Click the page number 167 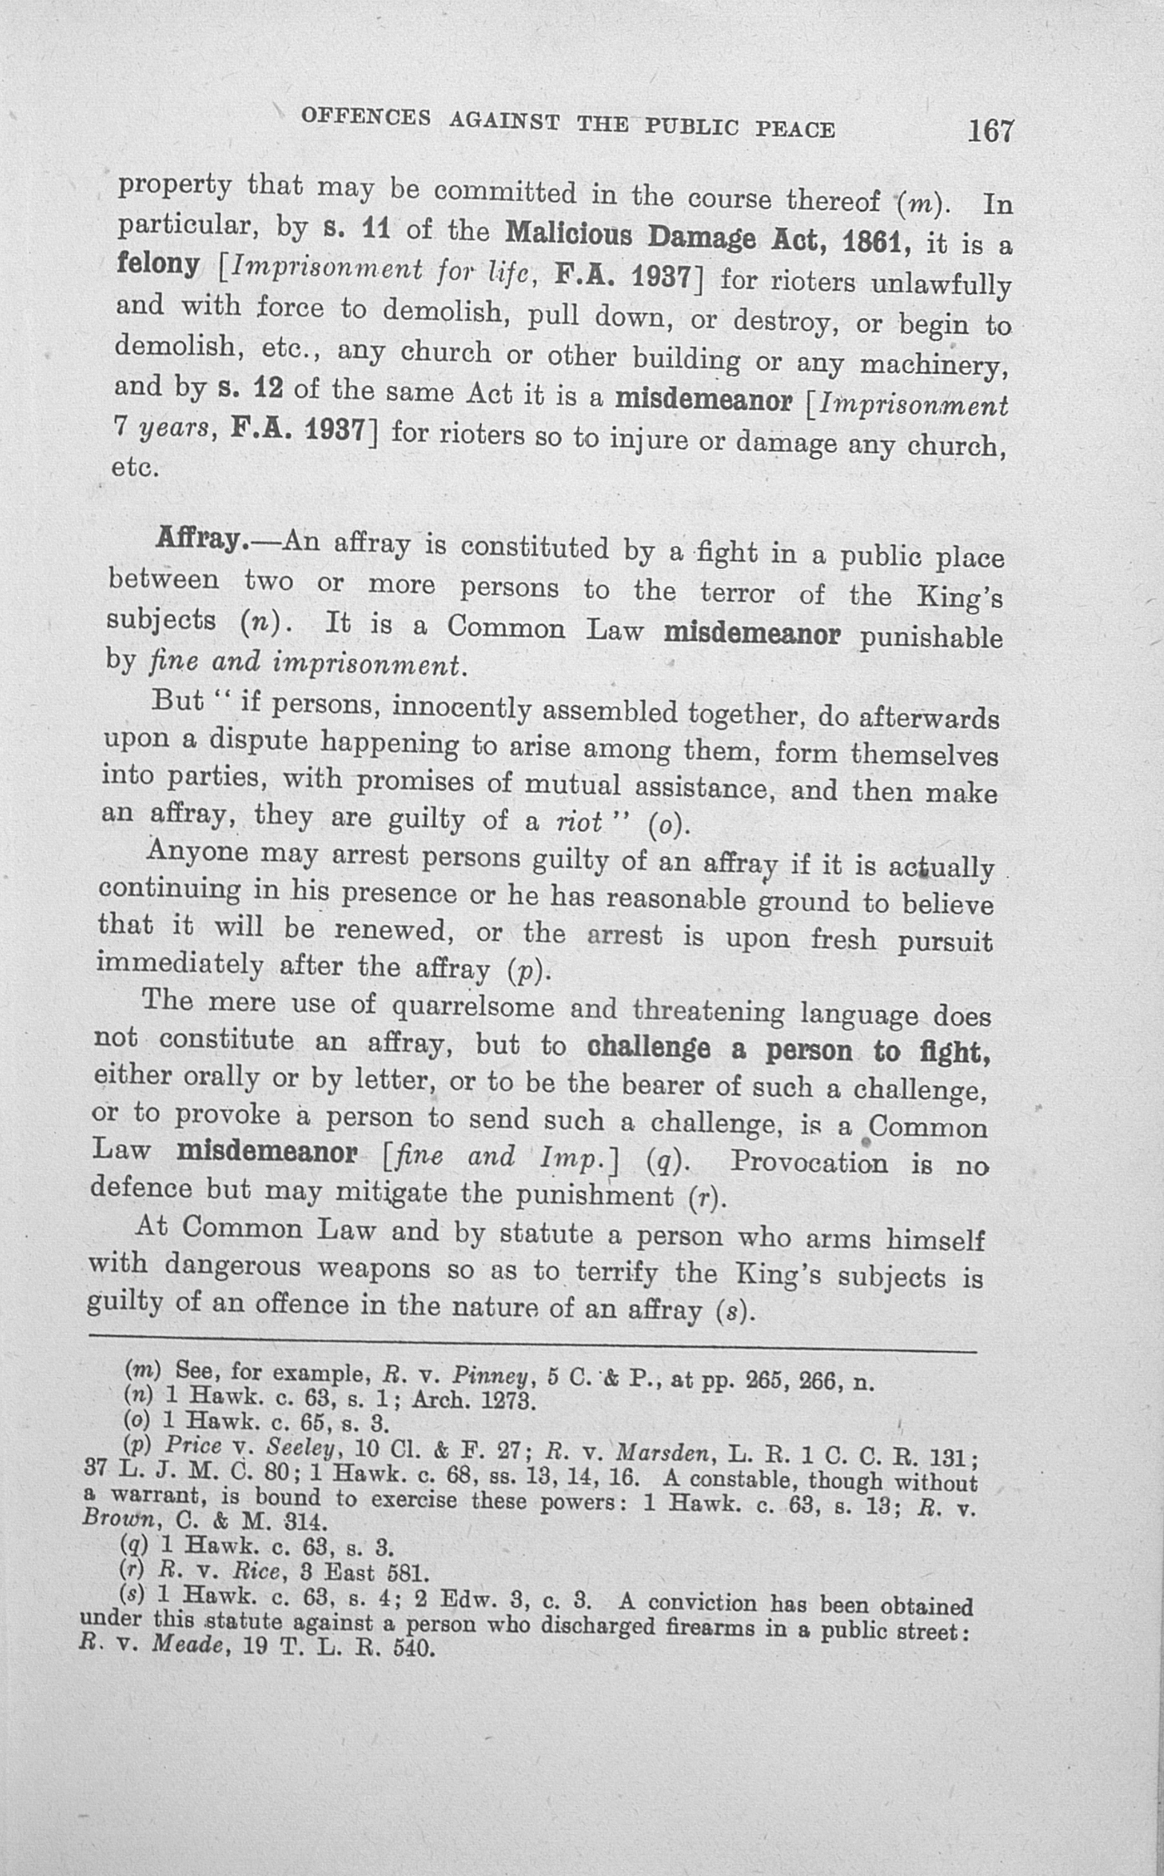pyautogui.click(x=991, y=131)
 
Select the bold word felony pyautogui.click(x=158, y=264)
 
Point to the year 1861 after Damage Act pyautogui.click(x=877, y=244)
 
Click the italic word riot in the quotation pyautogui.click(x=578, y=821)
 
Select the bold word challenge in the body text pyautogui.click(x=647, y=1047)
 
